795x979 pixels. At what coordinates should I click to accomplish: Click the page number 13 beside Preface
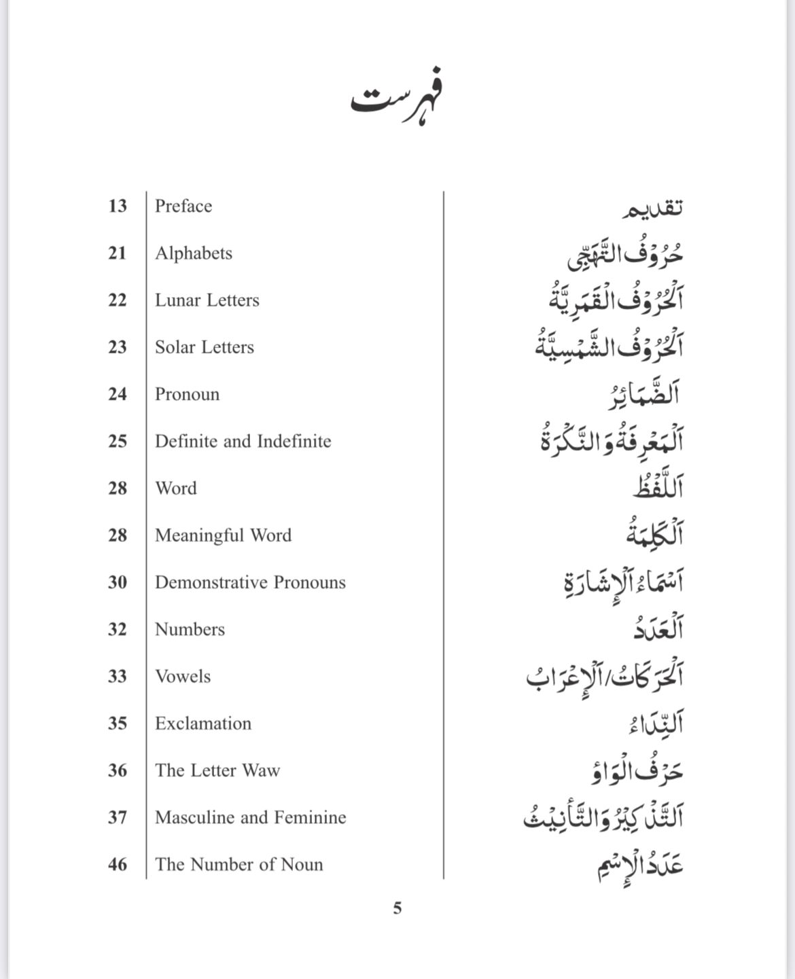click(x=118, y=206)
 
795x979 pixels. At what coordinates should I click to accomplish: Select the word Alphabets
click(x=194, y=253)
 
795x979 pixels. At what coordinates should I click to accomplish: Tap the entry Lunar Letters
click(x=207, y=300)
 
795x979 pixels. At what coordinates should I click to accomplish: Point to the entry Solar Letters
click(x=205, y=347)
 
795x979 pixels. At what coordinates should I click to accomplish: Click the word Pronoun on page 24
click(x=188, y=394)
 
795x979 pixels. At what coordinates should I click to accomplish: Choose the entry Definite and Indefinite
click(x=243, y=442)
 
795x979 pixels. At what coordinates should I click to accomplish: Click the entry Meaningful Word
click(x=224, y=535)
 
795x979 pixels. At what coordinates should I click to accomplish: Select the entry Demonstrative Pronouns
click(x=250, y=582)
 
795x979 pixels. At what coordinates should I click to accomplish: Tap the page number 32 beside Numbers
click(x=118, y=629)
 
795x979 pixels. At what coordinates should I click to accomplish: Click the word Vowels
click(x=183, y=677)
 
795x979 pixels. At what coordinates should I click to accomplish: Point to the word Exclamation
click(x=203, y=724)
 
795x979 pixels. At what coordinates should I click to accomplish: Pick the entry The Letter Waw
click(x=217, y=770)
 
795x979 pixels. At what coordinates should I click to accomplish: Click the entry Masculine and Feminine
click(x=251, y=817)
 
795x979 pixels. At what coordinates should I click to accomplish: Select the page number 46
click(x=118, y=864)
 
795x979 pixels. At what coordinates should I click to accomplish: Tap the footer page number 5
click(x=397, y=908)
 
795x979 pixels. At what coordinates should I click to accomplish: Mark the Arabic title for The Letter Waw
click(x=636, y=770)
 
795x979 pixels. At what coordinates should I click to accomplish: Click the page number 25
click(x=118, y=442)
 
